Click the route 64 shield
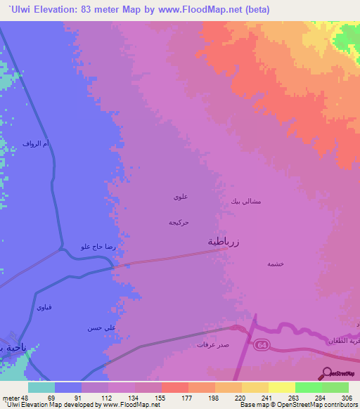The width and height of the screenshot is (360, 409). tap(262, 344)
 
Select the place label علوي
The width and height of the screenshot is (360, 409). tap(179, 197)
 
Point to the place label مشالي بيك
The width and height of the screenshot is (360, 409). tap(246, 201)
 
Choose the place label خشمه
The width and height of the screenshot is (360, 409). tap(274, 264)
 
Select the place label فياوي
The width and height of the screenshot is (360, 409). tap(44, 307)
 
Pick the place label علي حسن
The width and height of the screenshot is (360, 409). tap(100, 327)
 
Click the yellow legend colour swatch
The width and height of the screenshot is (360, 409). tap(282, 387)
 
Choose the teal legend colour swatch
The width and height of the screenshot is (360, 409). tap(41, 387)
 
